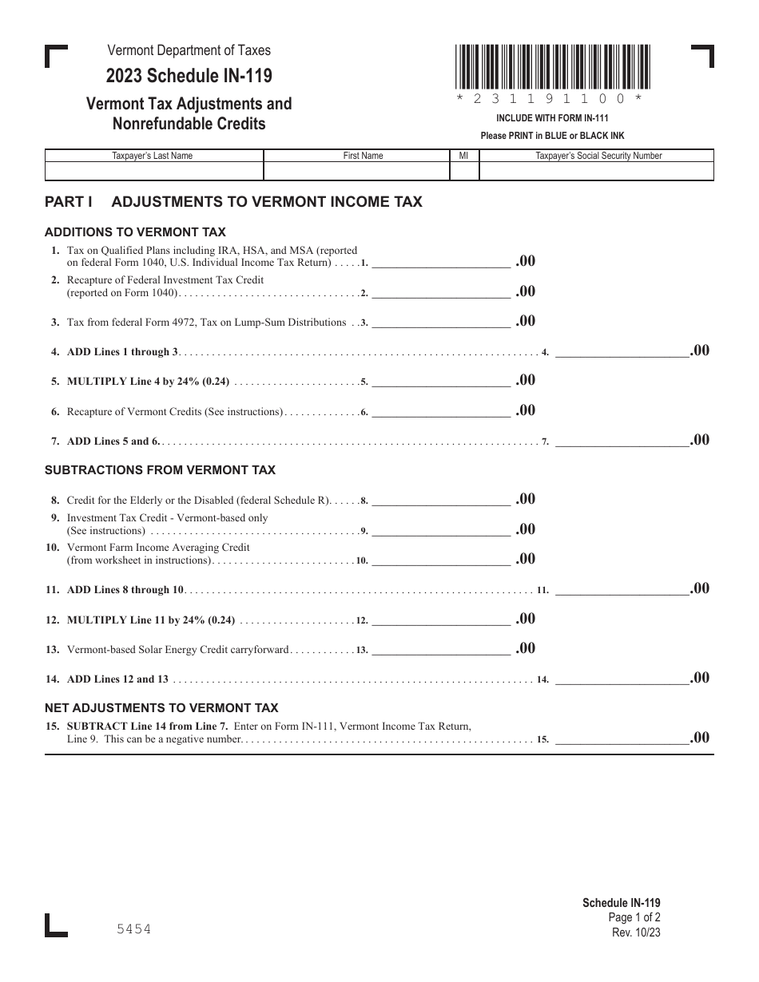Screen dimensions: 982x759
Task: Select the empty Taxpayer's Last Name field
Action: [153, 172]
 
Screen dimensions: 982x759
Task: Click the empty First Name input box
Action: [356, 172]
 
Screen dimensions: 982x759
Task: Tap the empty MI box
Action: [463, 172]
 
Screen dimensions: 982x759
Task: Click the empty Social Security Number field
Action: [598, 172]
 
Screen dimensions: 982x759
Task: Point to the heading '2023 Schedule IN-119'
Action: [189, 77]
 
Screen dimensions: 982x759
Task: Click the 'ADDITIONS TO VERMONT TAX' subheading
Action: [135, 232]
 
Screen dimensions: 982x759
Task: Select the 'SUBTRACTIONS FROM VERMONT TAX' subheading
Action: [160, 470]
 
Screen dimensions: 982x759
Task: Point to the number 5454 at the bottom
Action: [133, 929]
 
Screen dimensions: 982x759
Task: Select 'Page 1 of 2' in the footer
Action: [634, 918]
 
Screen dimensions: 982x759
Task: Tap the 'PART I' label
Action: [69, 202]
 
